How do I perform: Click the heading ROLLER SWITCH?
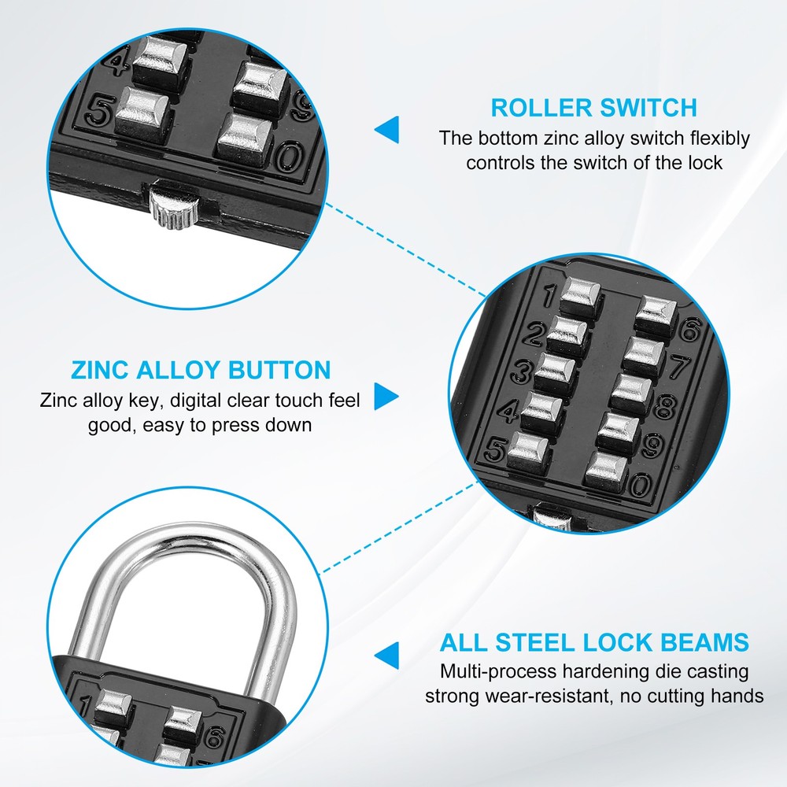pyautogui.click(x=593, y=107)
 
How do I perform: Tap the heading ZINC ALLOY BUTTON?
pyautogui.click(x=201, y=370)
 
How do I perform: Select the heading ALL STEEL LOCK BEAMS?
pyautogui.click(x=594, y=641)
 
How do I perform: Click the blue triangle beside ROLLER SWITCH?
pyautogui.click(x=386, y=130)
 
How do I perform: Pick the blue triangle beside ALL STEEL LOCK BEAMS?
pyautogui.click(x=386, y=655)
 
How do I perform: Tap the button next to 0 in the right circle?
pyautogui.click(x=607, y=467)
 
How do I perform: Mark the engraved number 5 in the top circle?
pyautogui.click(x=98, y=112)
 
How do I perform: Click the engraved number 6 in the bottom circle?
pyautogui.click(x=213, y=737)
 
